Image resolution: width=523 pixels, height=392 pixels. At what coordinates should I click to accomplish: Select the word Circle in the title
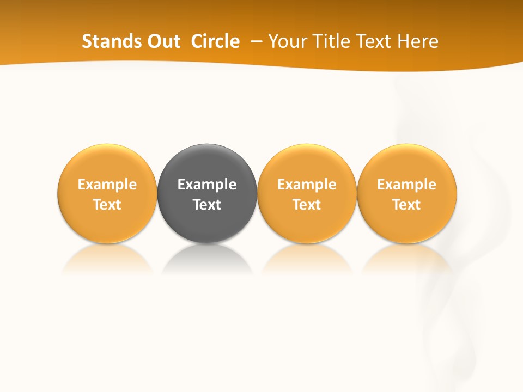pos(215,41)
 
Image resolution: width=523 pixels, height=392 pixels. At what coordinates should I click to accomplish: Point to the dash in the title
pos(257,42)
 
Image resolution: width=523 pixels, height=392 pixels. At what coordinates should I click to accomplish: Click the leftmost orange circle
pos(107,163)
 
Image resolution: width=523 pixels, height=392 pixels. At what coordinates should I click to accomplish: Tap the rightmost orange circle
pos(407,163)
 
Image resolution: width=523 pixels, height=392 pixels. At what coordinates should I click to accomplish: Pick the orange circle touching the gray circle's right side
pos(307,163)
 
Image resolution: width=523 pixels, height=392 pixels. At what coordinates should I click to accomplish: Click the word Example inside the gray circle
pos(207,185)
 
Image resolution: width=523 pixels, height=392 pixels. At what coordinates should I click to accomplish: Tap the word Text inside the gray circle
pos(207,205)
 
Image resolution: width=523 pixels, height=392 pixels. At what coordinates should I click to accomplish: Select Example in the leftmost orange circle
pos(107,185)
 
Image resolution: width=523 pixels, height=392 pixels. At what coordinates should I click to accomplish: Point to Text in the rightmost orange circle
pos(407,205)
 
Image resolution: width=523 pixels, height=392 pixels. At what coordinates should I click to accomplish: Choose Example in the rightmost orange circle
pos(407,185)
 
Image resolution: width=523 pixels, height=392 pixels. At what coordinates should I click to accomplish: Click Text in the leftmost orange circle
pos(107,205)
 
